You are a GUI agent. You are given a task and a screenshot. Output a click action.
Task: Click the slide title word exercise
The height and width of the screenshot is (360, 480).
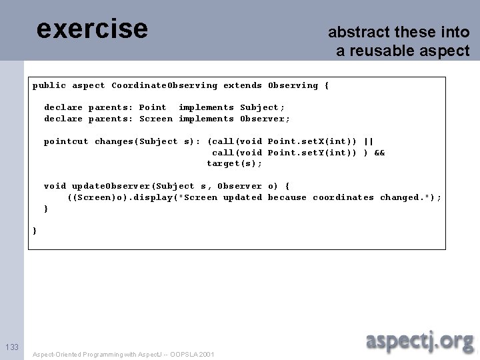92,29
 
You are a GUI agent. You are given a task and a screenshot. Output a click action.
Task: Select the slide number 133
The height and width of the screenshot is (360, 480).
11,347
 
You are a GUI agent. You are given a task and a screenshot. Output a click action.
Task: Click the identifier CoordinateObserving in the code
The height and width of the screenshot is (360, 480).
164,85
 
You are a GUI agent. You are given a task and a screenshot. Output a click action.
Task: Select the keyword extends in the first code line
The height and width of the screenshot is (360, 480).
243,85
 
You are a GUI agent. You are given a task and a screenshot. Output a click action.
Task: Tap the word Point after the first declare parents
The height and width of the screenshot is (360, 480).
153,107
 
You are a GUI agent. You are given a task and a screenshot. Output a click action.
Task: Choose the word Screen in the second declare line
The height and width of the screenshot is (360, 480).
155,119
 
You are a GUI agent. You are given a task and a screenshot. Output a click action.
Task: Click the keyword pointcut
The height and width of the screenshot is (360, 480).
66,141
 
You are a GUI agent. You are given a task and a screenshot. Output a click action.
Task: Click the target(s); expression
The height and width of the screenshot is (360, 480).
234,163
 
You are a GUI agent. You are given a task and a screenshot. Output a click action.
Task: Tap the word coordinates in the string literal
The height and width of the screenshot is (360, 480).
343,197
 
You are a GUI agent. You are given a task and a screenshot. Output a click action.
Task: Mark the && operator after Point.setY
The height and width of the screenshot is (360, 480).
380,153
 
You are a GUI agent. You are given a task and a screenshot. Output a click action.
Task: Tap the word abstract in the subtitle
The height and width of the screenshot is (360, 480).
352,32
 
